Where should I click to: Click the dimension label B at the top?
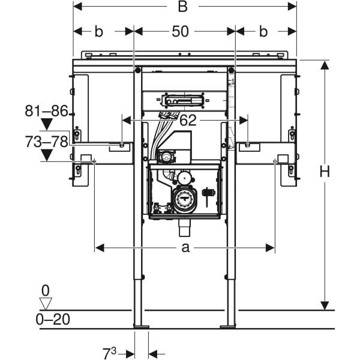point(183,7)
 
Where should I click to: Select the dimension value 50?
point(180,32)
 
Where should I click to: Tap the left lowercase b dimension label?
point(99,32)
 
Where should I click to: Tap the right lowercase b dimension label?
point(263,32)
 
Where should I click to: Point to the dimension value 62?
point(188,120)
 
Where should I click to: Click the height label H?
point(325,172)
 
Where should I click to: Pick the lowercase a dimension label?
point(185,247)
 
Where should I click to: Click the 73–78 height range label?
point(46,142)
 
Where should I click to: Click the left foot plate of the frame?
point(141,326)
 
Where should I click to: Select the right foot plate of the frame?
point(228,326)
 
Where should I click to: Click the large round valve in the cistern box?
point(184,200)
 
